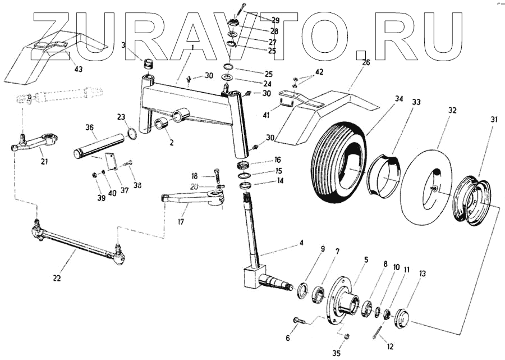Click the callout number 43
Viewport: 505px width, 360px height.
(x=78, y=69)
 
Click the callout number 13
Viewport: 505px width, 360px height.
(x=422, y=274)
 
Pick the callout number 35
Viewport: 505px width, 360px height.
(x=336, y=353)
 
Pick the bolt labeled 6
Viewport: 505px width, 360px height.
(x=299, y=321)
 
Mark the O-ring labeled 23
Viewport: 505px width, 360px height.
(x=131, y=134)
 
